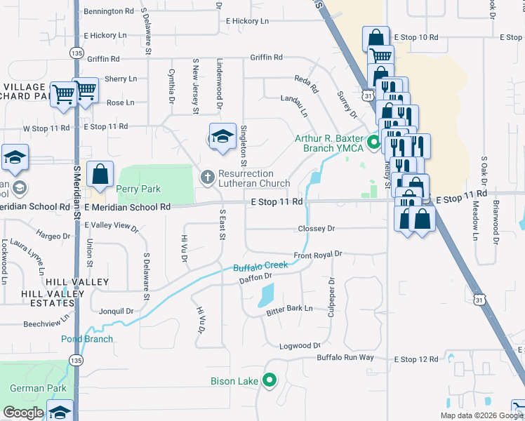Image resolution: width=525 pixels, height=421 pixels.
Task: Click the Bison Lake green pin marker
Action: (270, 382)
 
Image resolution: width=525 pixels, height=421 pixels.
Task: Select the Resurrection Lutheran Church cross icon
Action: (208, 178)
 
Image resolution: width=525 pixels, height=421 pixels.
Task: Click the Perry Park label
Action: (139, 189)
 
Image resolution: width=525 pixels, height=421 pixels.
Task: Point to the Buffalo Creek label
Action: (260, 267)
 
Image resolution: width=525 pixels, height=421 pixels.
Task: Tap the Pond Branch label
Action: (87, 339)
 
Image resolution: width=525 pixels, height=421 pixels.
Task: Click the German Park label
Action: (38, 388)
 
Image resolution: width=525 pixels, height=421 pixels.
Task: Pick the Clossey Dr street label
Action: (317, 229)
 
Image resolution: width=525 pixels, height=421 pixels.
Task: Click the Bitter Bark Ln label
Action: (289, 309)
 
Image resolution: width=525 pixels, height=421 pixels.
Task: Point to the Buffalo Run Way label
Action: (345, 357)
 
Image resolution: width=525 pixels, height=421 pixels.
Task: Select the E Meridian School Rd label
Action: (127, 207)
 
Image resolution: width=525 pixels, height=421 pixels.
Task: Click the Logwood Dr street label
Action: (300, 346)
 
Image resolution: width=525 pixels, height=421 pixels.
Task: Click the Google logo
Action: (23, 413)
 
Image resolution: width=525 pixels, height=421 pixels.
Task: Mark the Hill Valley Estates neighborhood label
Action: (58, 293)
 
